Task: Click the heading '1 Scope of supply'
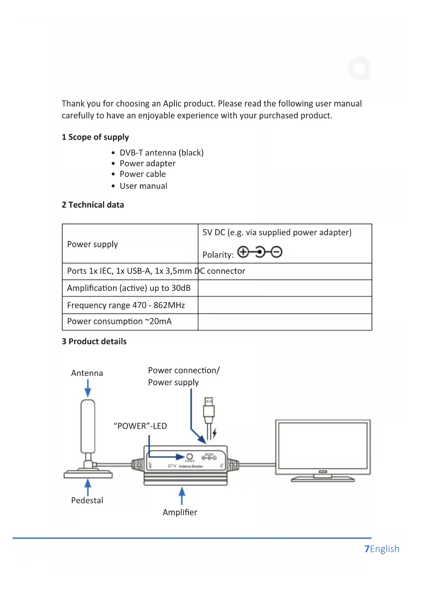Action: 95,137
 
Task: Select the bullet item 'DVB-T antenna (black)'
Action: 161,153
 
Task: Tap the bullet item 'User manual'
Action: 143,186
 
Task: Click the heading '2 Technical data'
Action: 93,205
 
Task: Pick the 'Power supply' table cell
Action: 93,244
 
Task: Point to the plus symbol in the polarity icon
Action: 243,252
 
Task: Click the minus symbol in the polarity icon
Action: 276,252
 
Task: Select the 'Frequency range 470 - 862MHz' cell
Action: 126,305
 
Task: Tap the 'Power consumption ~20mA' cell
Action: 119,321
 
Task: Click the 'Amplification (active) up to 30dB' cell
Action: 129,288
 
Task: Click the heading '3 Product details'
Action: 94,341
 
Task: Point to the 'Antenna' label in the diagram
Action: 87,373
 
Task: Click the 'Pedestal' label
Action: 87,500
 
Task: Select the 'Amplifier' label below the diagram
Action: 180,512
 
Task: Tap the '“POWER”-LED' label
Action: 140,426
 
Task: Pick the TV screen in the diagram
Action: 323,444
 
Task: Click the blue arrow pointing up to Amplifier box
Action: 182,495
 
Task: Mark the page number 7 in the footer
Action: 367,549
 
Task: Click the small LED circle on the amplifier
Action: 190,456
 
